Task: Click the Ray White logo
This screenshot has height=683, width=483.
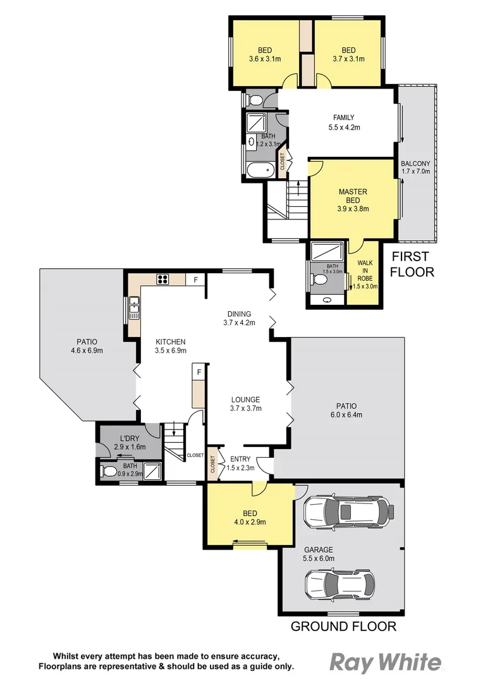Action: (x=386, y=662)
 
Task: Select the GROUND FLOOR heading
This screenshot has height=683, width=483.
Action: (x=343, y=627)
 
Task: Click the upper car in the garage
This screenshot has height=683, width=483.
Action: (x=348, y=511)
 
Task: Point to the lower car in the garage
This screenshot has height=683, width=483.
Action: (x=339, y=583)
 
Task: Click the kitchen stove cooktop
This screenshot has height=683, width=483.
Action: (x=162, y=279)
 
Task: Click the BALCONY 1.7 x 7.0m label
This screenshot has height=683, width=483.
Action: (x=415, y=167)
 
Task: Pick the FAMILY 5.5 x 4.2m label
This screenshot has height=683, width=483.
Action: (x=344, y=122)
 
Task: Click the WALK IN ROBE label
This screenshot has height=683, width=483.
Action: (x=365, y=274)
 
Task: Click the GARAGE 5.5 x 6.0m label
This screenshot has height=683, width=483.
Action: (x=319, y=554)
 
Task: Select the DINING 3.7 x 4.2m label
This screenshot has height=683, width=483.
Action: (x=238, y=318)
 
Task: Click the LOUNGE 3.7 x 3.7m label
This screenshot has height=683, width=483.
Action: (x=245, y=403)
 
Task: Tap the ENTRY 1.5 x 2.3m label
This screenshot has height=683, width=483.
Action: (x=241, y=464)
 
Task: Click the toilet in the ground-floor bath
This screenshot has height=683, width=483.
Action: (x=109, y=471)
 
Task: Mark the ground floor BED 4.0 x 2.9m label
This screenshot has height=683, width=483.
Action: (x=248, y=518)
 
